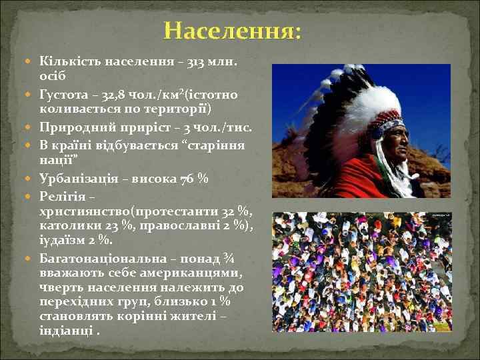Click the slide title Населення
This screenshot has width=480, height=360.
(232, 31)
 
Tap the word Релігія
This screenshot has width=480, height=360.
(62, 197)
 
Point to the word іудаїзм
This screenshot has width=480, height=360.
(63, 241)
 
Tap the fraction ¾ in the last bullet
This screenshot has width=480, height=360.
(229, 258)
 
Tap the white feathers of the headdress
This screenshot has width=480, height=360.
(347, 100)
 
